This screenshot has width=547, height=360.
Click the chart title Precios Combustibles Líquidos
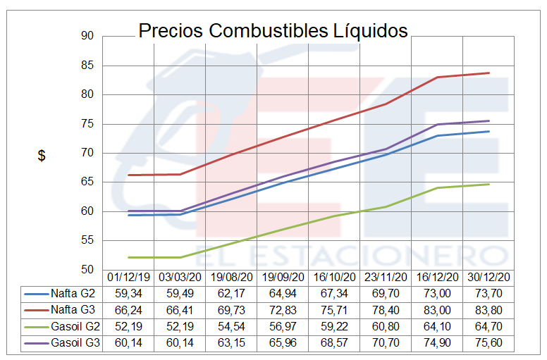pyautogui.click(x=273, y=31)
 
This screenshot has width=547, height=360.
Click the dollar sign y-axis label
pyautogui.click(x=42, y=156)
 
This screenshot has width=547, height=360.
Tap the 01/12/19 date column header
pyautogui.click(x=128, y=278)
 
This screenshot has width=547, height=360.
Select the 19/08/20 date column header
pyautogui.click(x=231, y=278)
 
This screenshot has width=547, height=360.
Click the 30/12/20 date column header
pyautogui.click(x=488, y=278)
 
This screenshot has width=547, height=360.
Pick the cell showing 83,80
pyautogui.click(x=488, y=310)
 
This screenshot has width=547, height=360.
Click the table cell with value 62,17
pyautogui.click(x=231, y=293)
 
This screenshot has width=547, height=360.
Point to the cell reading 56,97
pyautogui.click(x=283, y=327)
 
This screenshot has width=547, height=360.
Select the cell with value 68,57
pyautogui.click(x=334, y=344)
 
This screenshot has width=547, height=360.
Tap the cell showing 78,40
pyautogui.click(x=386, y=310)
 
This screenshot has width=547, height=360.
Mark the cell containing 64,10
pyautogui.click(x=437, y=327)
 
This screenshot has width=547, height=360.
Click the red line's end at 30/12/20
pyautogui.click(x=488, y=73)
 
